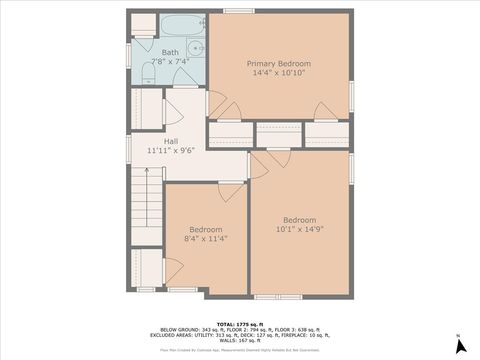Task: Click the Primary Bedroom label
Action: [279, 63]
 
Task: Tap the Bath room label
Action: [170, 52]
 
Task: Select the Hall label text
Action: [171, 141]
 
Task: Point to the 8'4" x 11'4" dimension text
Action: [207, 239]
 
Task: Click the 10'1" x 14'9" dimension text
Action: [299, 229]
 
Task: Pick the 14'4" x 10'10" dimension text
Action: [279, 73]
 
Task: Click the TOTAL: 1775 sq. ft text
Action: [239, 324]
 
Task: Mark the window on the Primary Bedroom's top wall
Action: [237, 11]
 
